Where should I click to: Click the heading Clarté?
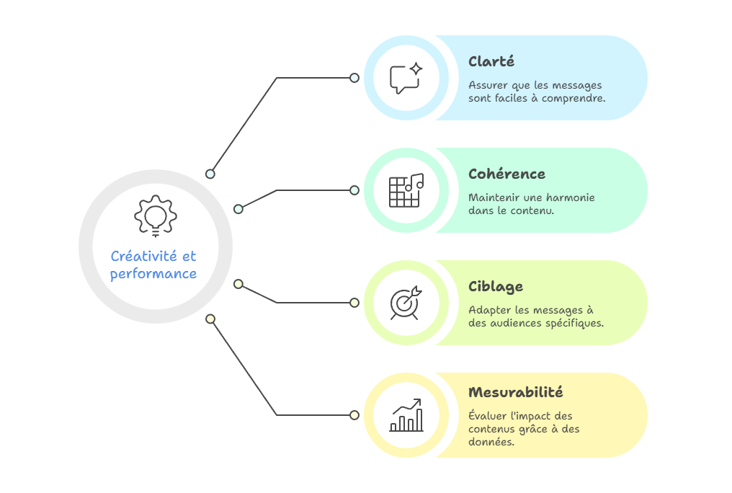click(491, 61)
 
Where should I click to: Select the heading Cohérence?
click(506, 174)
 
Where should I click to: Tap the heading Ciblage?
click(495, 287)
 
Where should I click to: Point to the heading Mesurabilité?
click(515, 391)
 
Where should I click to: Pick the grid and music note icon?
click(406, 190)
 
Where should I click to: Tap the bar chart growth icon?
click(406, 415)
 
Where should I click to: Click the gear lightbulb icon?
click(156, 216)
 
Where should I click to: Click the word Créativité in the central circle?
click(143, 256)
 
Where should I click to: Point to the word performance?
click(153, 274)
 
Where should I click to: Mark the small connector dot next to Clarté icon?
click(354, 78)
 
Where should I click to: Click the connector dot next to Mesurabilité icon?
click(354, 415)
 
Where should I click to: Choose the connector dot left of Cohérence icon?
click(354, 190)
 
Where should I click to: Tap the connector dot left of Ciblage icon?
click(354, 303)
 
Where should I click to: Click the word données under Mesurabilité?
click(491, 442)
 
